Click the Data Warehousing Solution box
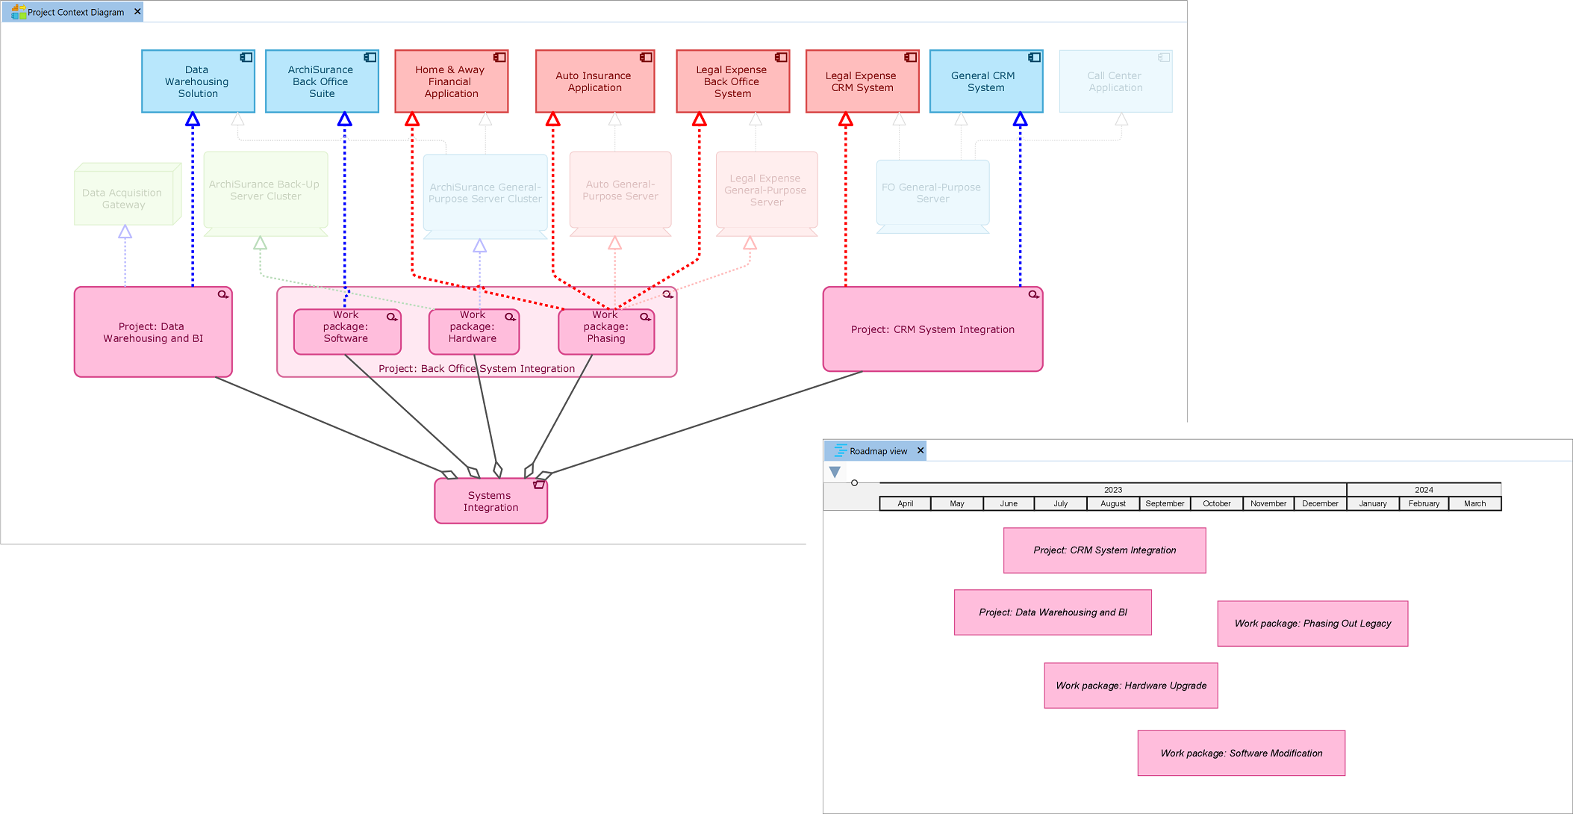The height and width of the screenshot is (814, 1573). (198, 81)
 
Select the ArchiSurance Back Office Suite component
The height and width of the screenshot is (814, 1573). (322, 81)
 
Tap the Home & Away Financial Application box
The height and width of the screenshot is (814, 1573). (451, 81)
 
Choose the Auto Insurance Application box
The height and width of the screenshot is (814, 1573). (594, 81)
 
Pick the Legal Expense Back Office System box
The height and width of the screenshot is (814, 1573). (732, 81)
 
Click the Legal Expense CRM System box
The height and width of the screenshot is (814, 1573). (862, 81)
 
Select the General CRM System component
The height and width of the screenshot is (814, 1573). (985, 81)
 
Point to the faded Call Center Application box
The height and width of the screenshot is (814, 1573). (1115, 81)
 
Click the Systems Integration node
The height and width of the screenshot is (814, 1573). (490, 501)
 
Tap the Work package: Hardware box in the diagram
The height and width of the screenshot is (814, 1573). (473, 332)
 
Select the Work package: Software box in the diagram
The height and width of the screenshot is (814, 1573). (346, 332)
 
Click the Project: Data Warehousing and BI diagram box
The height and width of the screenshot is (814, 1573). (153, 332)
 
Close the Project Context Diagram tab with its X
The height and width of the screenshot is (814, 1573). (137, 12)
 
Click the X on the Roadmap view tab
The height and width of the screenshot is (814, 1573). (921, 450)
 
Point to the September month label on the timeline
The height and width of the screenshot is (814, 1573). (1165, 503)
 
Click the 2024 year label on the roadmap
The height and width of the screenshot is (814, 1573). (1424, 490)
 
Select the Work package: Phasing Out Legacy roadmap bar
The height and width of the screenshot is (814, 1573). (1312, 624)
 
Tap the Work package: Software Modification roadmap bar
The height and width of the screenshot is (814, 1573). (1241, 753)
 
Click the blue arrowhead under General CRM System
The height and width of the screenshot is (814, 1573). (1021, 119)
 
